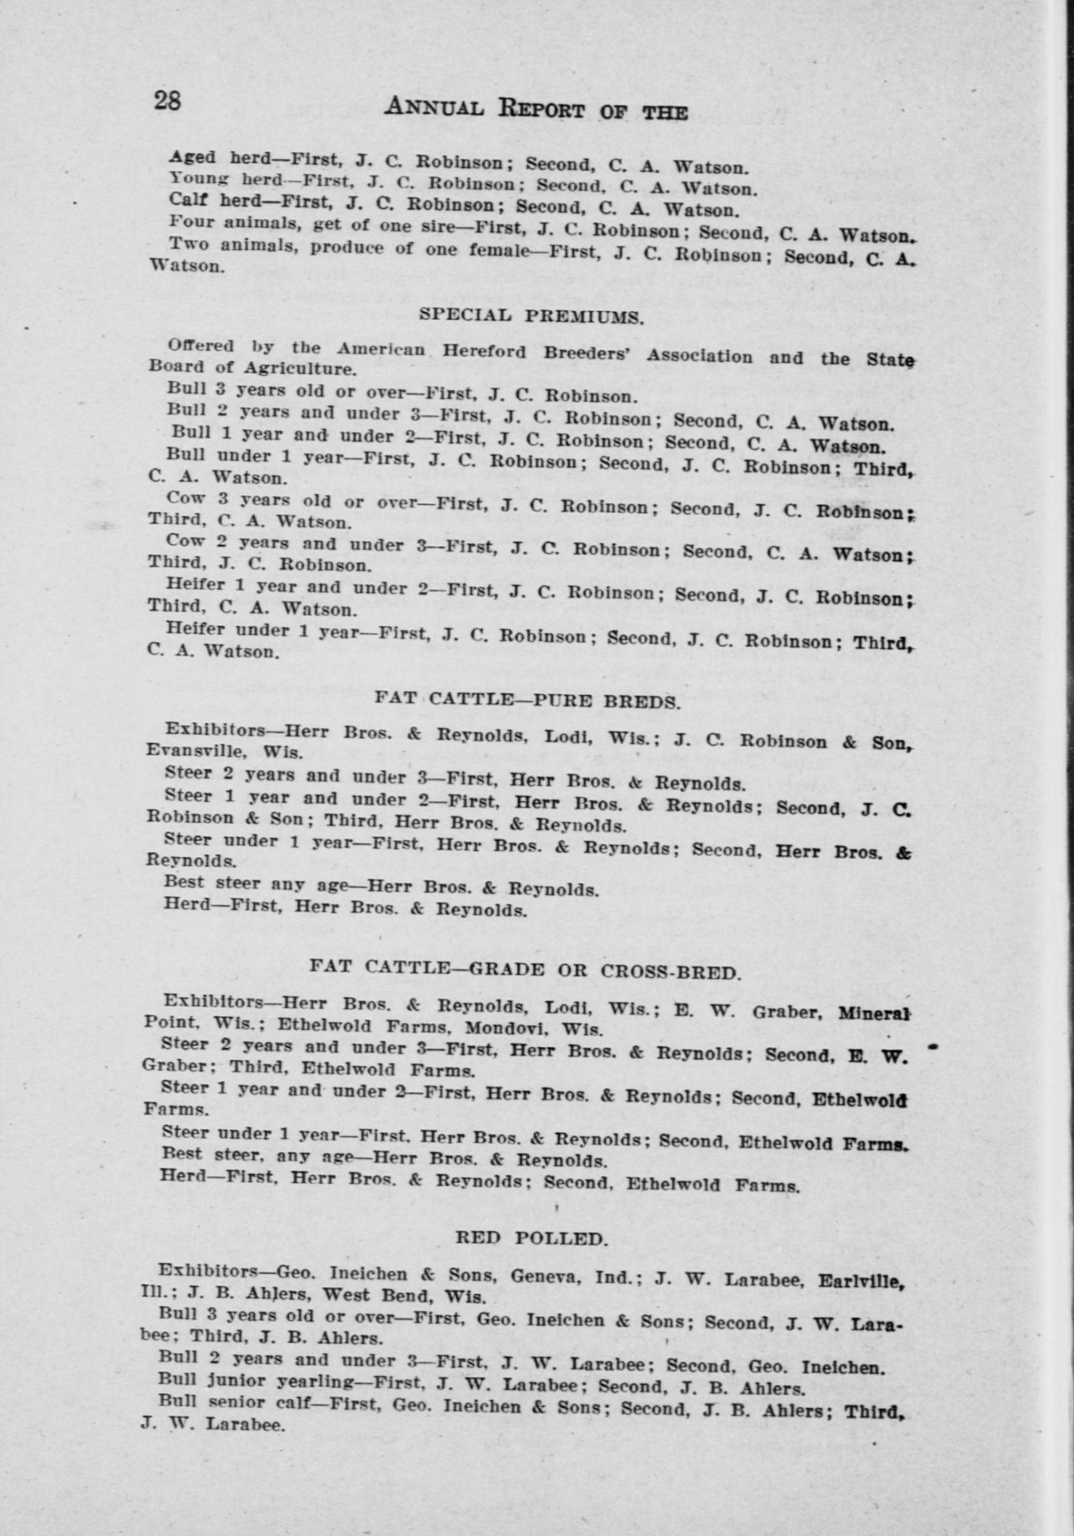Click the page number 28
click(167, 101)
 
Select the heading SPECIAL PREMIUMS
click(531, 316)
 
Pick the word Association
click(700, 355)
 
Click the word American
click(381, 349)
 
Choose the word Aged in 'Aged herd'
click(191, 157)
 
